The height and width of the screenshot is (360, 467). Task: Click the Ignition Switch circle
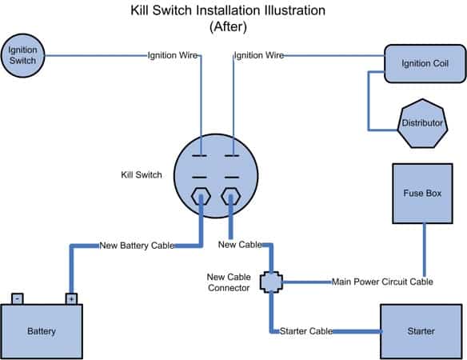click(x=22, y=55)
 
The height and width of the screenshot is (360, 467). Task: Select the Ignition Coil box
click(x=425, y=63)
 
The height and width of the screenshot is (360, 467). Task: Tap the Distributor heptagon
click(x=422, y=123)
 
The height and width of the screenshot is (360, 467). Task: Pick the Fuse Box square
click(x=423, y=194)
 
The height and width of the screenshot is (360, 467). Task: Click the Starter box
click(x=421, y=331)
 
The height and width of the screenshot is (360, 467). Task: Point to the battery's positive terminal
click(x=71, y=298)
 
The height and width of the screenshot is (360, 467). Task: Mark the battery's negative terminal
click(x=18, y=298)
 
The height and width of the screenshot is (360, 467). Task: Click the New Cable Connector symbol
click(x=271, y=282)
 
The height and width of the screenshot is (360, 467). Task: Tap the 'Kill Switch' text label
click(x=142, y=174)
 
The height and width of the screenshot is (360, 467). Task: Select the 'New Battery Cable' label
click(x=137, y=246)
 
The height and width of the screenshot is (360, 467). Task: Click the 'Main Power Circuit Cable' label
click(x=382, y=282)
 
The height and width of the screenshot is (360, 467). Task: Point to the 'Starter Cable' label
click(x=306, y=331)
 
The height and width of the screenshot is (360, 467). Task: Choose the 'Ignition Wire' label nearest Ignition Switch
click(x=173, y=55)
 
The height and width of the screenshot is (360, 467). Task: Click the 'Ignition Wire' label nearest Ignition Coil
click(x=259, y=55)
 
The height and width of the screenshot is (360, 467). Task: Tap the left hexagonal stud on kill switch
click(x=201, y=197)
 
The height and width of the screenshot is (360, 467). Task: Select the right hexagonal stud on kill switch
click(x=231, y=196)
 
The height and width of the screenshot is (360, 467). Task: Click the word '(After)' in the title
click(x=228, y=26)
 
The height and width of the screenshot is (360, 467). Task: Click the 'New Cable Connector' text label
click(x=229, y=282)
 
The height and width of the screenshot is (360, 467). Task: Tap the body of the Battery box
click(x=42, y=331)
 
